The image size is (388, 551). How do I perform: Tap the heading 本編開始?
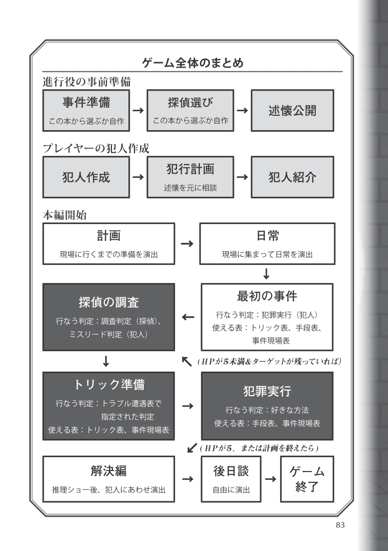pyautogui.click(x=64, y=215)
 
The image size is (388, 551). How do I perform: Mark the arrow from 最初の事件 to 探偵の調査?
pyautogui.click(x=187, y=317)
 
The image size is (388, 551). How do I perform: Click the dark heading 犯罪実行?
pyautogui.click(x=267, y=392)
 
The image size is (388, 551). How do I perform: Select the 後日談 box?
pyautogui.click(x=231, y=479)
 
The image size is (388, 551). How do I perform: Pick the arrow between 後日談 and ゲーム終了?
pyautogui.click(x=269, y=479)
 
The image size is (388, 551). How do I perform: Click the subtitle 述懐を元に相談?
pyautogui.click(x=190, y=188)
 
